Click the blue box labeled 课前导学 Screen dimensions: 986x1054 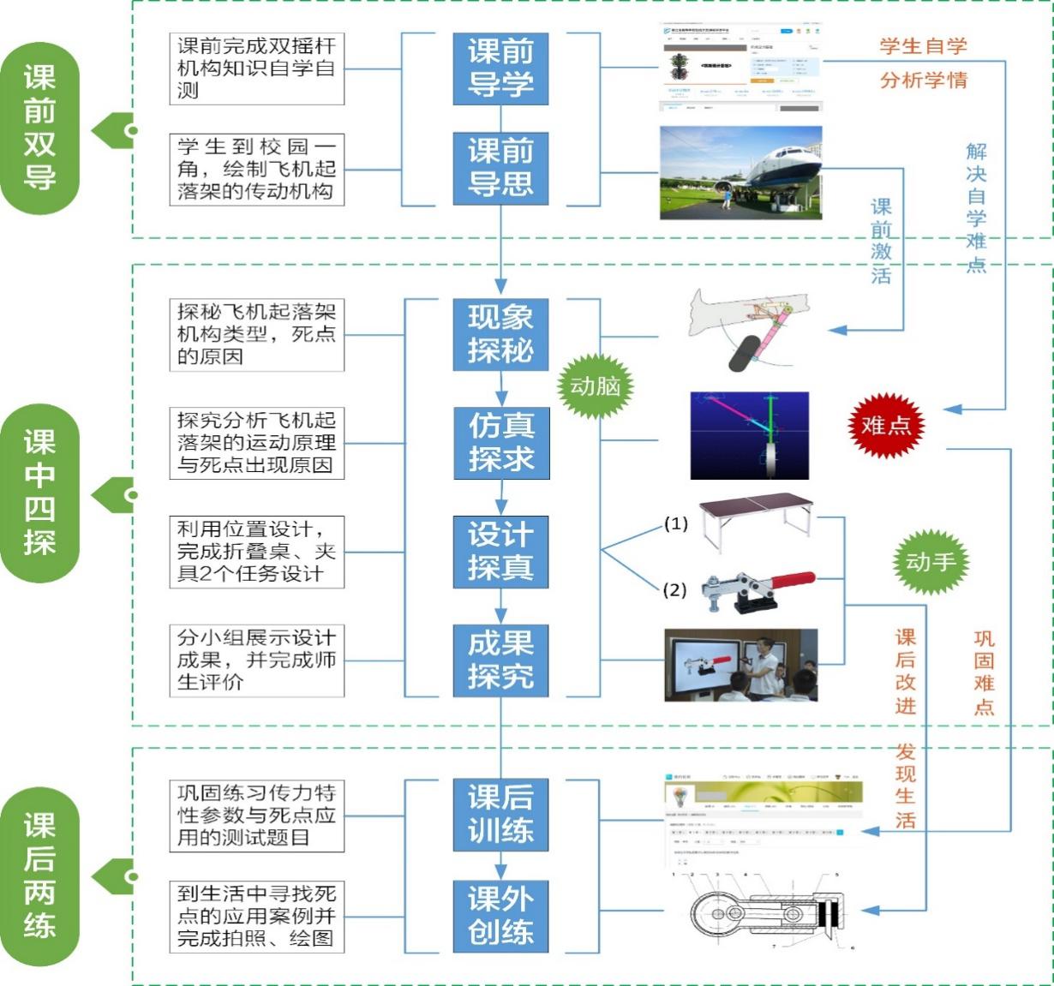[x=500, y=69]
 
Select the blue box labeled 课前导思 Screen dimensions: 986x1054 [x=500, y=168]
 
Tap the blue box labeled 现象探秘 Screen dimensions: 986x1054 [x=500, y=334]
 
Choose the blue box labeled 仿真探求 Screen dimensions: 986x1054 [x=500, y=442]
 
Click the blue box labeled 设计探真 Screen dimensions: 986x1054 [x=500, y=551]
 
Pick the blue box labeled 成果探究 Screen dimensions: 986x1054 [x=500, y=660]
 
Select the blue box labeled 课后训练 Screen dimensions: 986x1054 [x=500, y=814]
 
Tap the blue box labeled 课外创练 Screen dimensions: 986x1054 [x=500, y=916]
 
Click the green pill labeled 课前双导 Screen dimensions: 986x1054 [x=39, y=128]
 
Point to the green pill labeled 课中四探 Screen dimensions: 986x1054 [x=39, y=493]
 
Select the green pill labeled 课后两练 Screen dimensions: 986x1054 [x=39, y=875]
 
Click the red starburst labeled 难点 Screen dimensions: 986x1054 [x=886, y=425]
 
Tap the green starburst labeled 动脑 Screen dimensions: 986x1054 [x=596, y=387]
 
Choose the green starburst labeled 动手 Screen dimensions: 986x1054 [x=931, y=562]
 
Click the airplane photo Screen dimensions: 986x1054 [x=740, y=173]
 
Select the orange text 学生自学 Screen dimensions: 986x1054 [x=923, y=46]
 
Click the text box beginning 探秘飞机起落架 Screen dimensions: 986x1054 [x=256, y=334]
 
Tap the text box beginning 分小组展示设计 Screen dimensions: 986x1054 [x=256, y=660]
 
